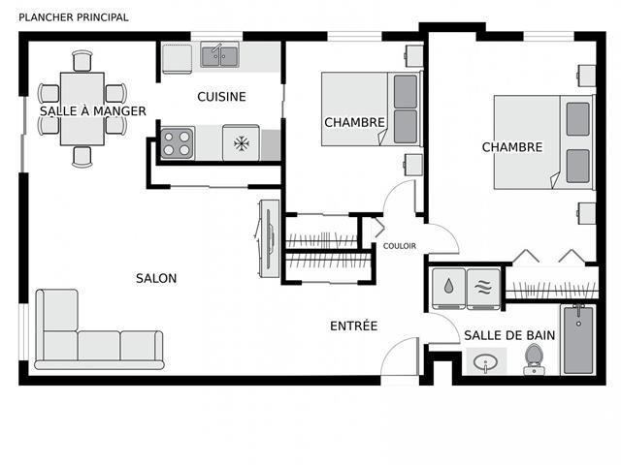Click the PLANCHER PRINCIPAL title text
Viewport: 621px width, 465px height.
[x=74, y=17]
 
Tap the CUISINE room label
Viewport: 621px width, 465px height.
[x=221, y=97]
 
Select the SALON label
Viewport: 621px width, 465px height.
[x=156, y=278]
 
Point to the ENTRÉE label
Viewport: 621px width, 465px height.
[x=353, y=325]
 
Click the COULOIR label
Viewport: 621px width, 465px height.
[x=400, y=246]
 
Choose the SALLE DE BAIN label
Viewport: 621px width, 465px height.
[x=509, y=335]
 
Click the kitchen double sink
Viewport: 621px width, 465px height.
[x=219, y=56]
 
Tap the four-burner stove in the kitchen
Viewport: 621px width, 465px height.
[x=177, y=143]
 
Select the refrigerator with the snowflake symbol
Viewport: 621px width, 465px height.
[x=241, y=143]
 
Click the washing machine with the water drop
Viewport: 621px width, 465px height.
[x=448, y=289]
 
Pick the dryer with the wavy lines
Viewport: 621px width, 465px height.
[x=483, y=289]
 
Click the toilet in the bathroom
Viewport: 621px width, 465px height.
[x=535, y=359]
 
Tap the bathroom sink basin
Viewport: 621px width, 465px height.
[x=486, y=361]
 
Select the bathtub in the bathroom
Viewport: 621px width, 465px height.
[x=578, y=340]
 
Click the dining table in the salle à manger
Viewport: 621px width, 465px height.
[x=82, y=108]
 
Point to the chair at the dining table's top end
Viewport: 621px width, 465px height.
[x=82, y=61]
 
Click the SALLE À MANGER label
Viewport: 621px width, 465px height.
[x=93, y=111]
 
